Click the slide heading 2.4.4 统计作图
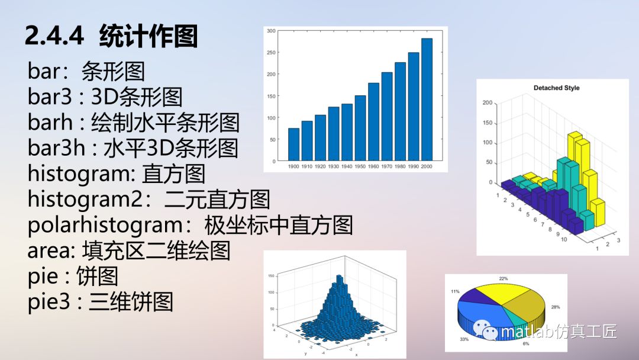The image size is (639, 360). [x=111, y=37]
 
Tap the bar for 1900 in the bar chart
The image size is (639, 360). [x=293, y=144]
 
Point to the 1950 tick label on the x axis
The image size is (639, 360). [x=360, y=166]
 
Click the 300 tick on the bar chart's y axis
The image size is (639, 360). [x=272, y=30]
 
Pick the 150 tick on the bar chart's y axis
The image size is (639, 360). [x=272, y=96]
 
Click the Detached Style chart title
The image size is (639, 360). [x=556, y=88]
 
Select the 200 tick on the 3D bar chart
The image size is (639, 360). [x=488, y=103]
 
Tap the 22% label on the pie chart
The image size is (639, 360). [x=504, y=278]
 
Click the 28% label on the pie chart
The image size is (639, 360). [x=555, y=307]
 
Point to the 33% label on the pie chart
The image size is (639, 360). [x=464, y=339]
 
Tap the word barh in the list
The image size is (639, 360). [x=50, y=123]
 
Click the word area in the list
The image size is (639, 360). [x=48, y=251]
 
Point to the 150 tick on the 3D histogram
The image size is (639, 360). [x=272, y=276]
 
